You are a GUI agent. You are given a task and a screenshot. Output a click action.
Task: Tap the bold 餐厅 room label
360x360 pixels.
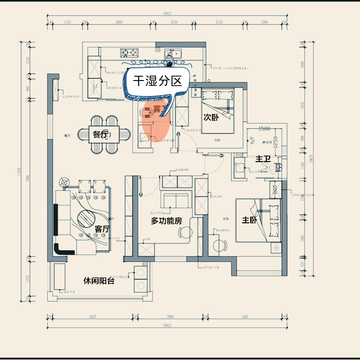(x=101, y=135)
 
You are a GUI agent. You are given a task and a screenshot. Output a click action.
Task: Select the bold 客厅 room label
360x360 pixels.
(x=102, y=229)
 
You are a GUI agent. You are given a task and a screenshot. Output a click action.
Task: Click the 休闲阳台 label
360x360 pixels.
(x=99, y=280)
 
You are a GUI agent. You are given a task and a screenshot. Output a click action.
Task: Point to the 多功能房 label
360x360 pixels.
(x=166, y=221)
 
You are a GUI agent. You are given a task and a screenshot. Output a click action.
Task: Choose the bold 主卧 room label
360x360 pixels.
(x=250, y=220)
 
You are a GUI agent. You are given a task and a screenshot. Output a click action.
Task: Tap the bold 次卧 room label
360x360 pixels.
(x=211, y=117)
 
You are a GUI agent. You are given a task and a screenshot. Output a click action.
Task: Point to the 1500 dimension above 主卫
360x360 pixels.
(x=264, y=129)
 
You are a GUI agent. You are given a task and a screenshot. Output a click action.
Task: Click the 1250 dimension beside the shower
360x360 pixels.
(x=276, y=141)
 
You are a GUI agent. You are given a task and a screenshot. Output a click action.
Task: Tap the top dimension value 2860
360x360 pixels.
(x=119, y=22)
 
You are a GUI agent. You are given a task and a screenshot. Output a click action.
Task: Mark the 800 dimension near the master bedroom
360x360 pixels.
(x=274, y=189)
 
